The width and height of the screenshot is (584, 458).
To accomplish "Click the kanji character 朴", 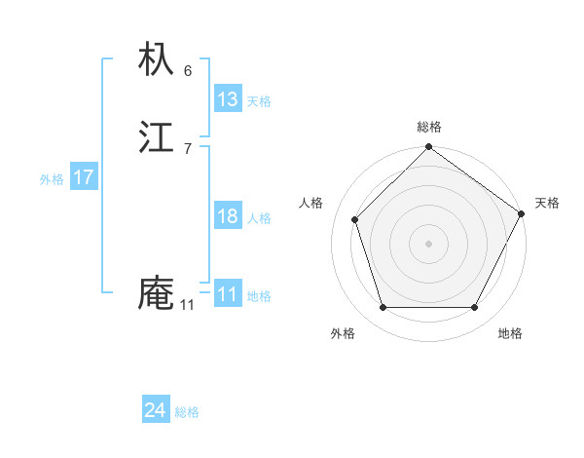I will [157, 60].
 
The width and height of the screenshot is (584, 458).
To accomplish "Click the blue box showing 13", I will [228, 99].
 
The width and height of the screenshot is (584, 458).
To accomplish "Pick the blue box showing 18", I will [228, 216].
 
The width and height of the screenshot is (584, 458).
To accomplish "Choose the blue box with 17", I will [84, 177].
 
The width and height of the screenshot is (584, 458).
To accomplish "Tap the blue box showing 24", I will [156, 411].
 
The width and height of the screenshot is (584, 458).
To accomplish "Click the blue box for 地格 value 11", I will [228, 294].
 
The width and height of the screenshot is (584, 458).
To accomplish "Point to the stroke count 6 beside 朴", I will [188, 70].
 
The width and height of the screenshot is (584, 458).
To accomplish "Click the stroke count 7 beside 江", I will [188, 148].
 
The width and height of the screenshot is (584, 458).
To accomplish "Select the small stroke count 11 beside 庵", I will [187, 305].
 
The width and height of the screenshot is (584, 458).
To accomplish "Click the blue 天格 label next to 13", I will [259, 101].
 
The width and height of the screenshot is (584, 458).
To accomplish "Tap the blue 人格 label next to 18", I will [259, 218].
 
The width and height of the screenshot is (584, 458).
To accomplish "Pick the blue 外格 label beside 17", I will [52, 179].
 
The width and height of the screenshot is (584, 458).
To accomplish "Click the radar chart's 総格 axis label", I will [428, 127].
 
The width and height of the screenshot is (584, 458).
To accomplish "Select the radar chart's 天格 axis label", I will [547, 203].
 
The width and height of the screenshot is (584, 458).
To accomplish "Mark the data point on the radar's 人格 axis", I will [355, 219].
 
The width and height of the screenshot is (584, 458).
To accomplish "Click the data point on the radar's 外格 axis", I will [383, 308].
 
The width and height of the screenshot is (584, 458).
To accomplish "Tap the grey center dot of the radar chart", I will [428, 244].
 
